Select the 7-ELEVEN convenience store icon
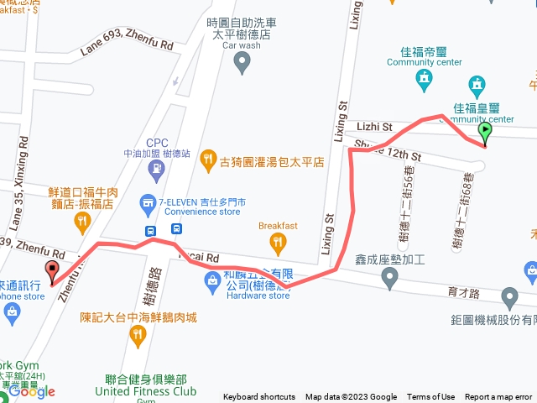click(x=149, y=202)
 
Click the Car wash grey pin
click(x=242, y=60)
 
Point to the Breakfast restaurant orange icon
click(x=278, y=243)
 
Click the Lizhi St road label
click(x=374, y=127)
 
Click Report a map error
click(x=498, y=397)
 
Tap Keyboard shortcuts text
click(x=259, y=397)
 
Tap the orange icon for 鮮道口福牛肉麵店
click(x=82, y=221)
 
